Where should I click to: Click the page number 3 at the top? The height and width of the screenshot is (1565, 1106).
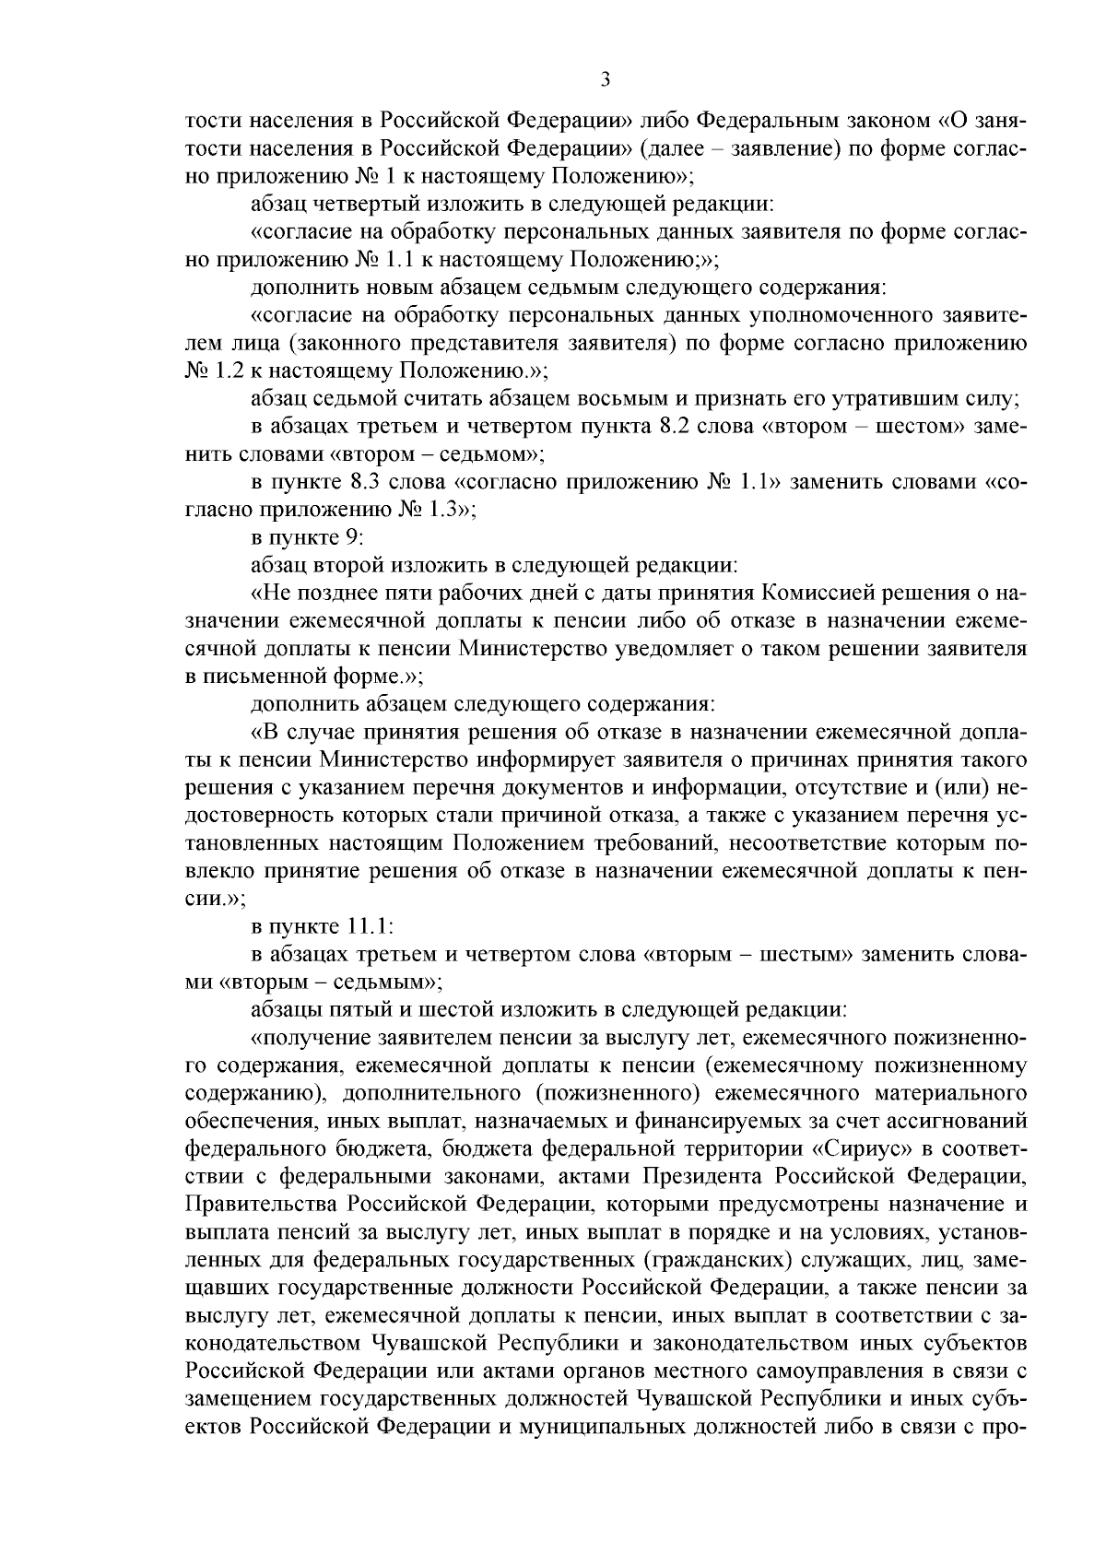pos(606,79)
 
